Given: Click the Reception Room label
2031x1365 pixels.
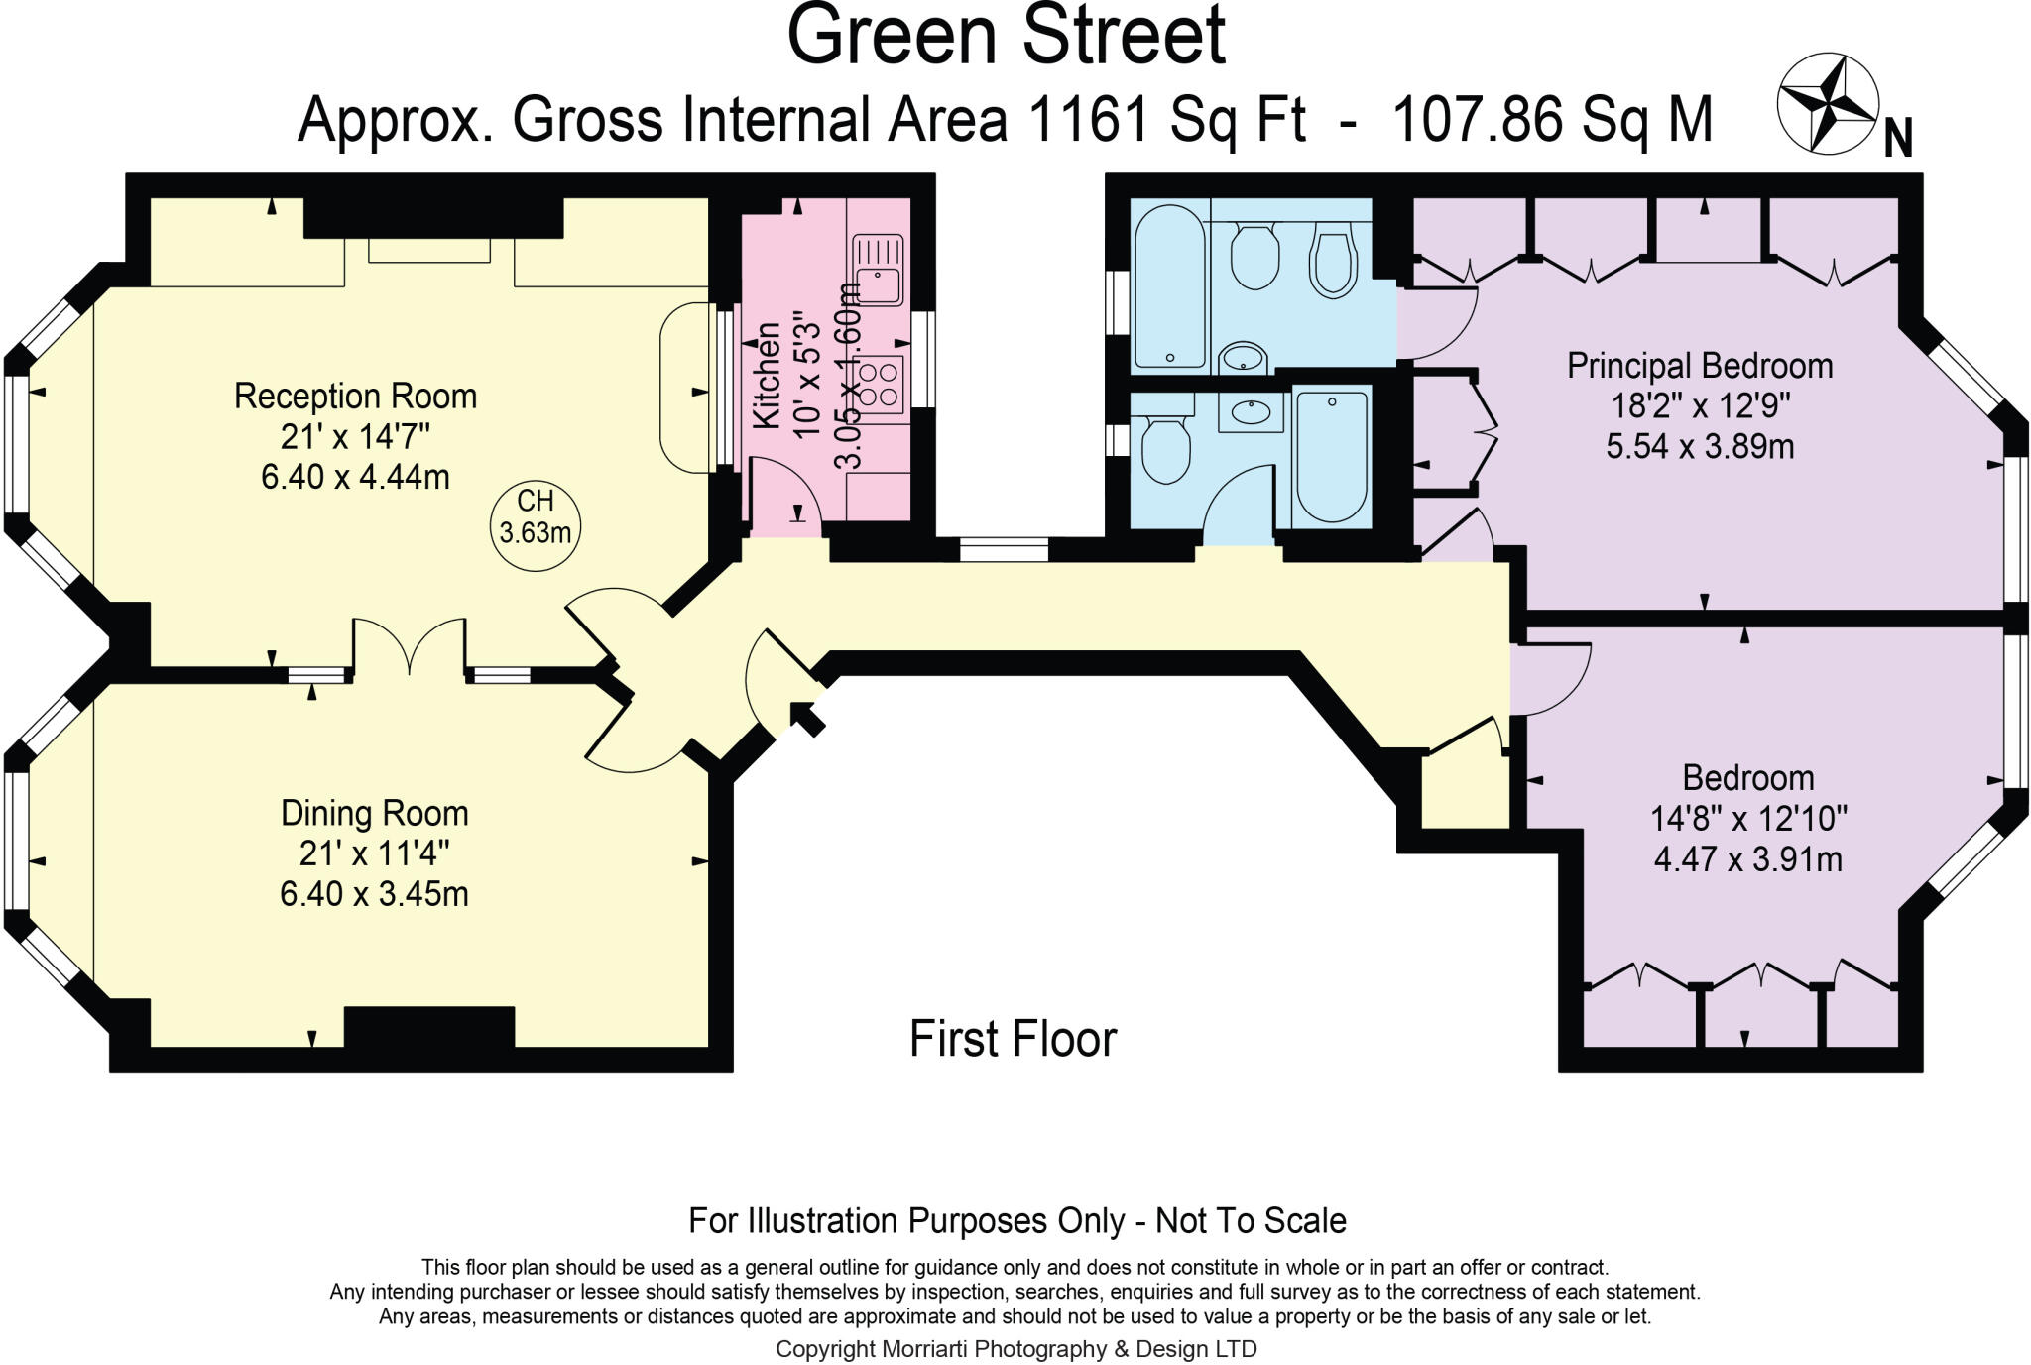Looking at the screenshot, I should pos(355,397).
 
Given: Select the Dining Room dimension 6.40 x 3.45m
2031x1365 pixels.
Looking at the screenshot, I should pos(374,894).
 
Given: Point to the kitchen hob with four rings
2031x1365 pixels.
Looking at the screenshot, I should pos(881,385).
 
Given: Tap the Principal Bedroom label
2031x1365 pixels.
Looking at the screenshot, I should pos(1700,366).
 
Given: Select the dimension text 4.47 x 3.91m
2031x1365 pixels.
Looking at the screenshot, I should pos(1747,858).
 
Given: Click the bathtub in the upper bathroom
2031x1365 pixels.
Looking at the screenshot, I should pos(1169,287).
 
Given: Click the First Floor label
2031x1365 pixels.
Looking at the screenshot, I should pos(1013,1039).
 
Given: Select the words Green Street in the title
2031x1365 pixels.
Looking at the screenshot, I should pos(1006,36).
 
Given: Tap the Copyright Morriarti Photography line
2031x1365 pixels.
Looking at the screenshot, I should pos(1015,1349).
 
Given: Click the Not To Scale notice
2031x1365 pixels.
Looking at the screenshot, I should pos(1251,1220).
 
